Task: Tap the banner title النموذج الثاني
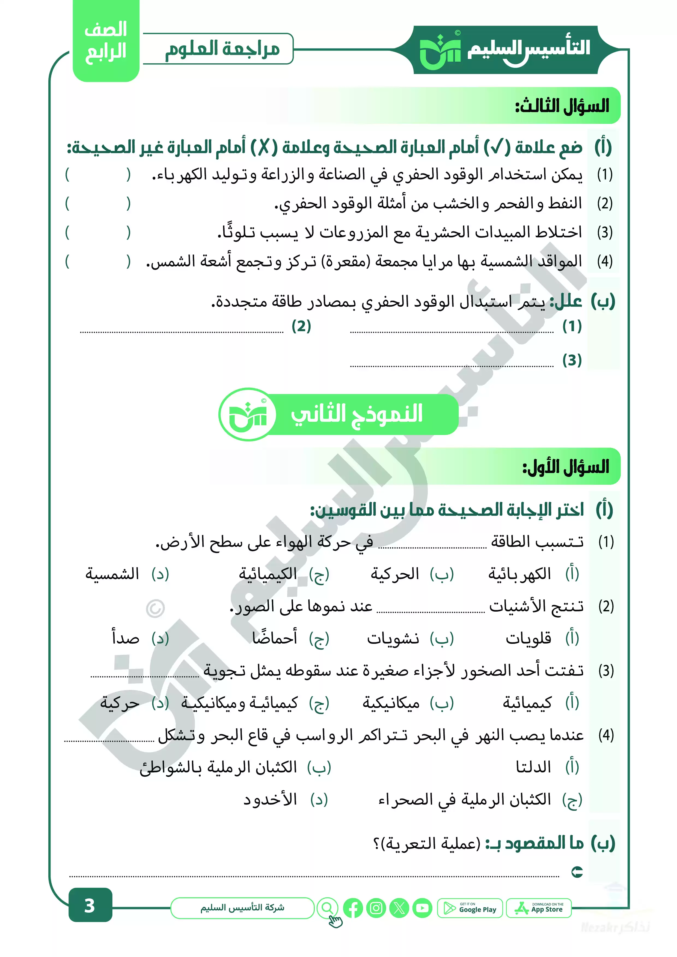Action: (357, 414)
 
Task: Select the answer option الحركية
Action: (395, 574)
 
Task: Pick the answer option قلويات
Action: (528, 639)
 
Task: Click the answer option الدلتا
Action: (533, 767)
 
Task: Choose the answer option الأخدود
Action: (270, 799)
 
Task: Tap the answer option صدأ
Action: (126, 639)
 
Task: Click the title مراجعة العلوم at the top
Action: (222, 49)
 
